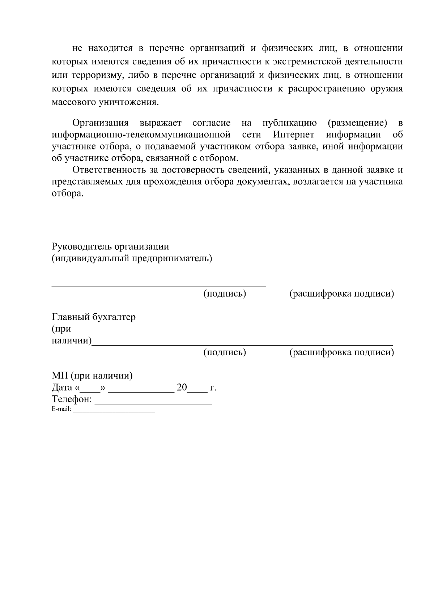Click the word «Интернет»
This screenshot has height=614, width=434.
[294, 135]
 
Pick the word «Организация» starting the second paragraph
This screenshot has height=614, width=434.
[101, 123]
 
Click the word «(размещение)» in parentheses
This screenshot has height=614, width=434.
[357, 123]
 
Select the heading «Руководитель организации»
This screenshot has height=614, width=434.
[110, 247]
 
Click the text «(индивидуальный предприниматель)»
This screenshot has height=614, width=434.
[132, 259]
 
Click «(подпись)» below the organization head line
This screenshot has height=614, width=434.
[225, 293]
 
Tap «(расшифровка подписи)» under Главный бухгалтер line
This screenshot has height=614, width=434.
[341, 352]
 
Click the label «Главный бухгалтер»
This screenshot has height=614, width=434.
[94, 317]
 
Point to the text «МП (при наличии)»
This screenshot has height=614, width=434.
[92, 376]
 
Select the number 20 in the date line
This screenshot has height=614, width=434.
[182, 388]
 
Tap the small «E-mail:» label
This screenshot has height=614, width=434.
[61, 410]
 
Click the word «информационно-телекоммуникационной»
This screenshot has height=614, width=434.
[141, 135]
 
